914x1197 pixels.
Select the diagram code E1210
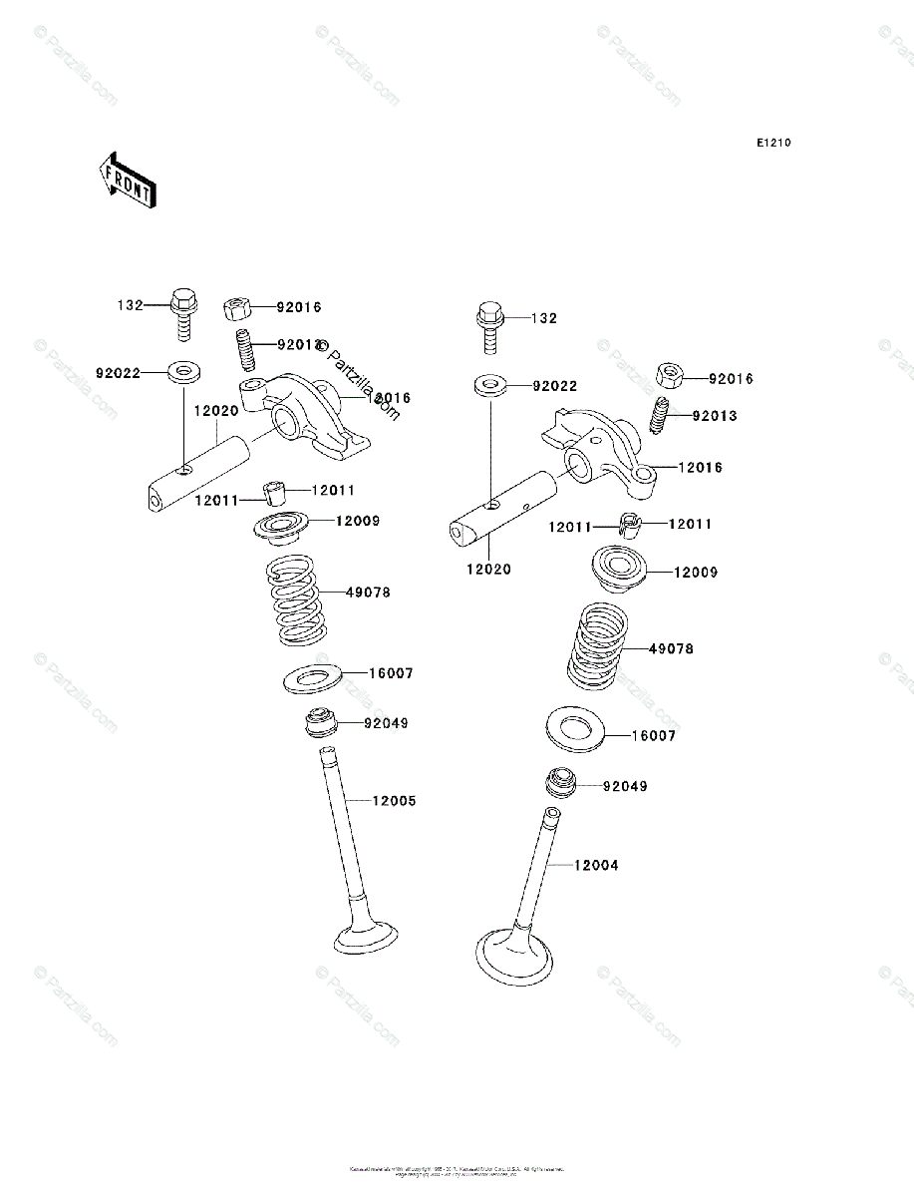point(772,144)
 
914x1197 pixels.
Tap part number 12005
point(395,801)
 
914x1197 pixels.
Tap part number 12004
point(595,866)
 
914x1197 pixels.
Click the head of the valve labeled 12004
point(514,954)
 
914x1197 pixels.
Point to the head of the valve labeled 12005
point(365,937)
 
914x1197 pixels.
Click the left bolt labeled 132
point(184,309)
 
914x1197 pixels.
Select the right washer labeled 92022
point(488,385)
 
